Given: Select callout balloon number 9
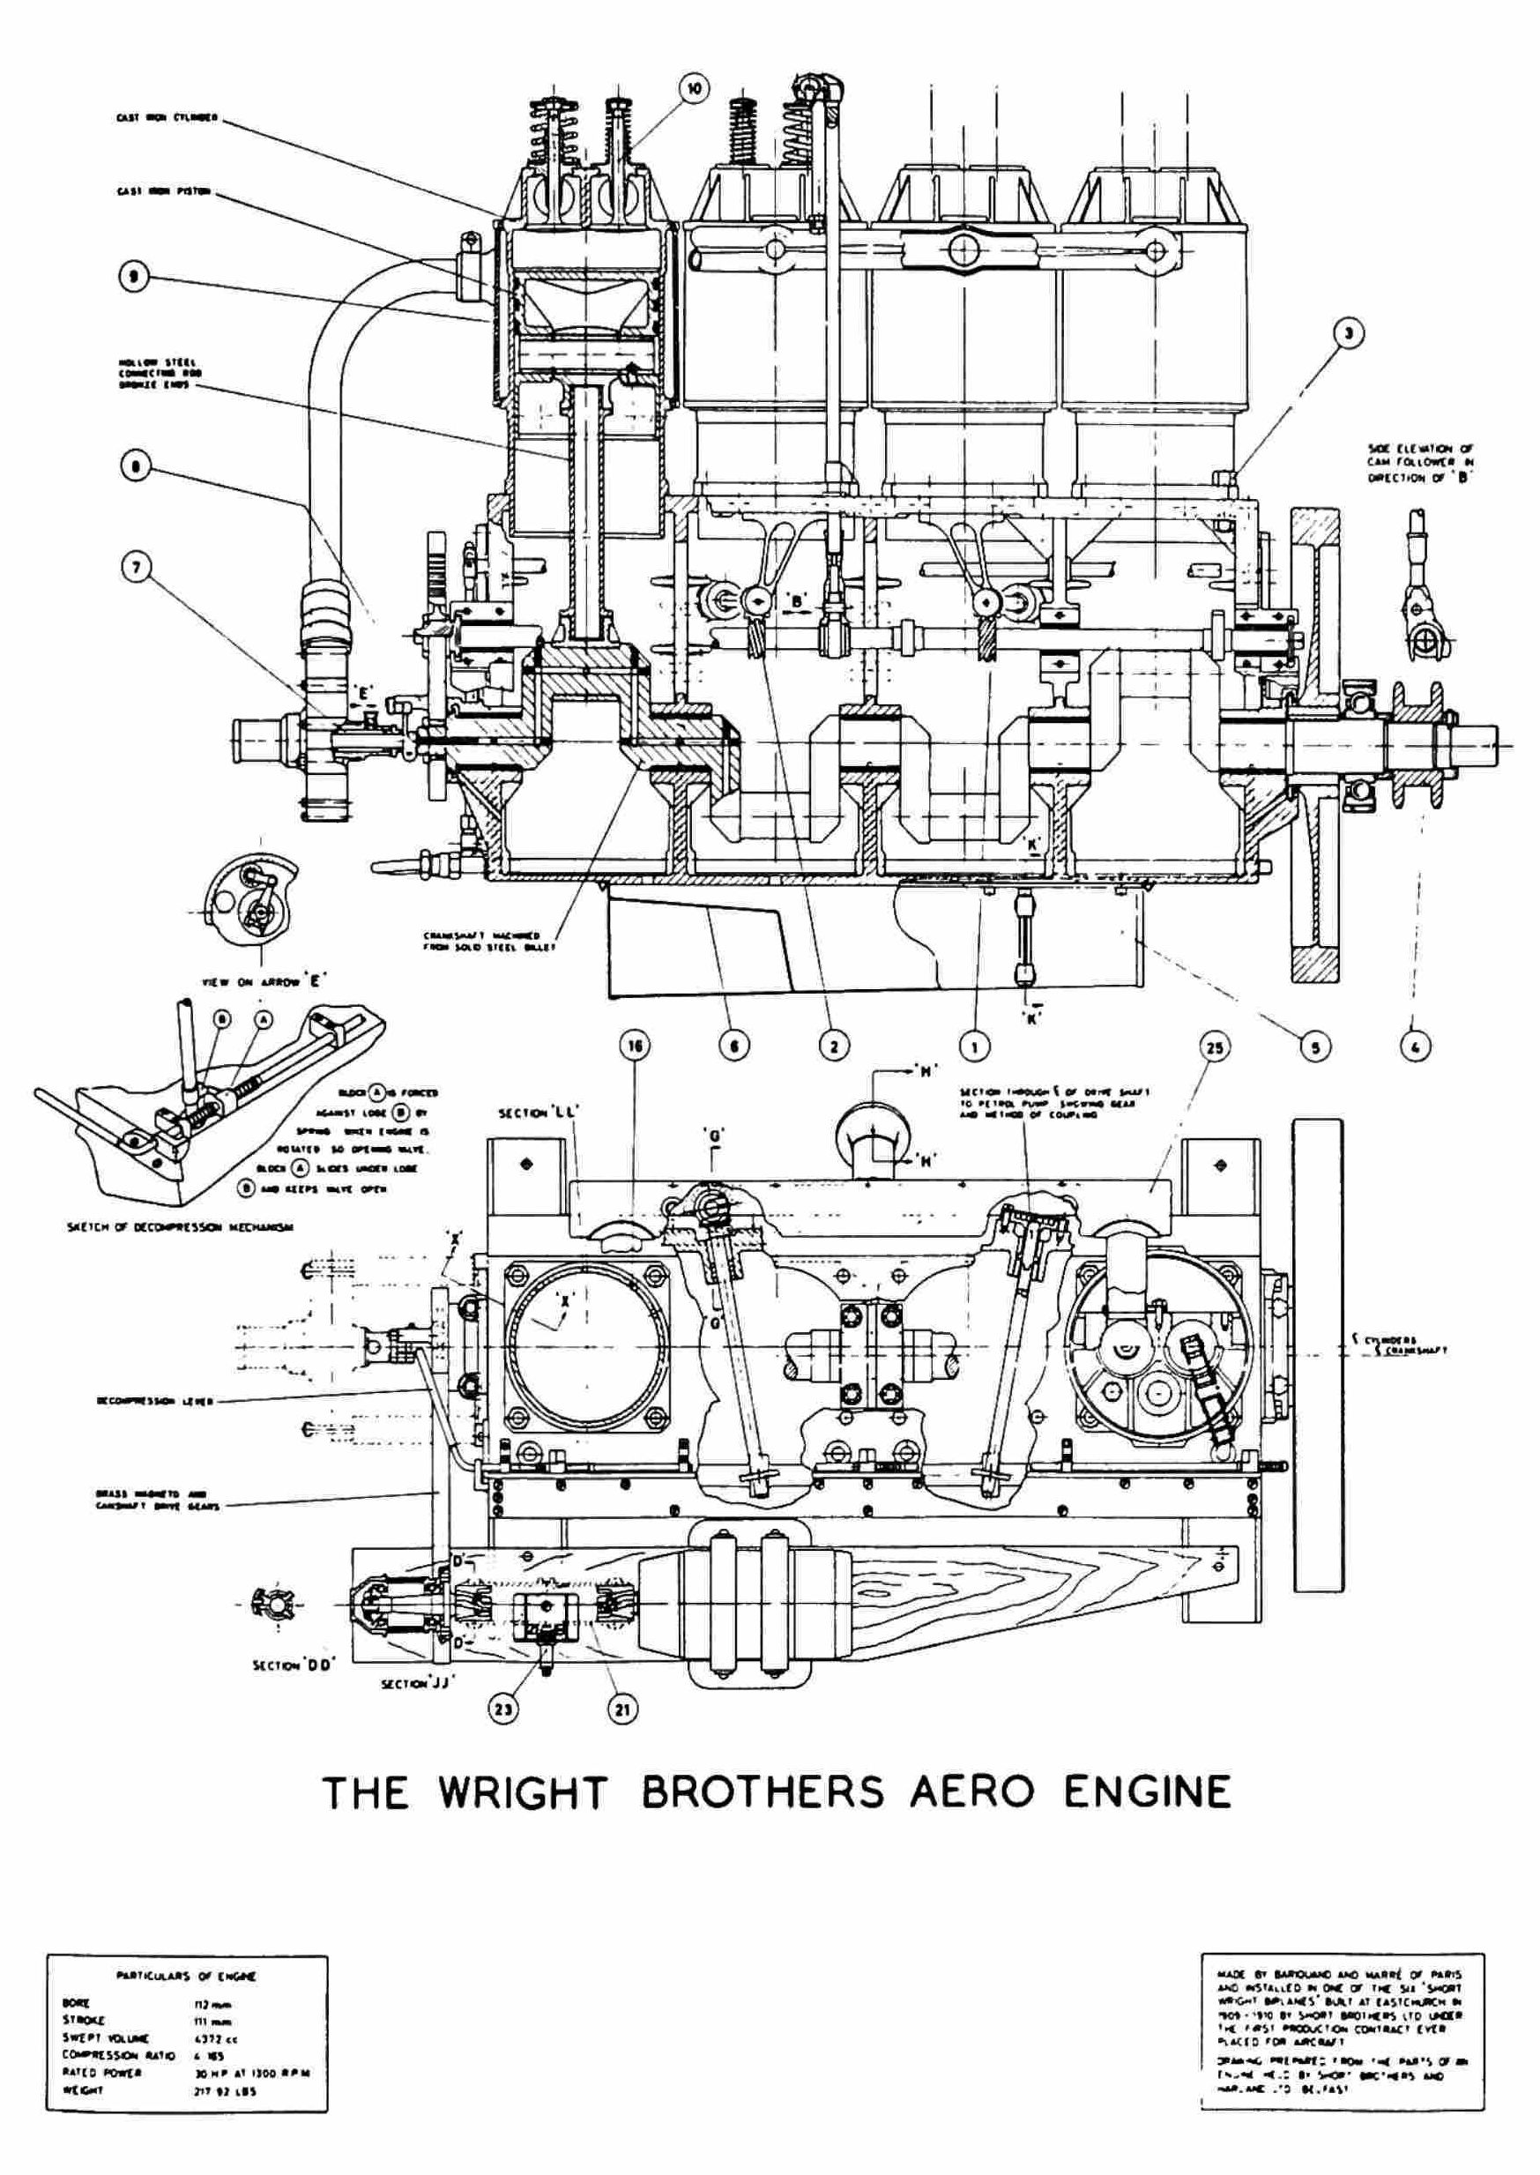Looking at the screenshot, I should [135, 276].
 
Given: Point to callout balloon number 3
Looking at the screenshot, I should [1348, 331].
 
